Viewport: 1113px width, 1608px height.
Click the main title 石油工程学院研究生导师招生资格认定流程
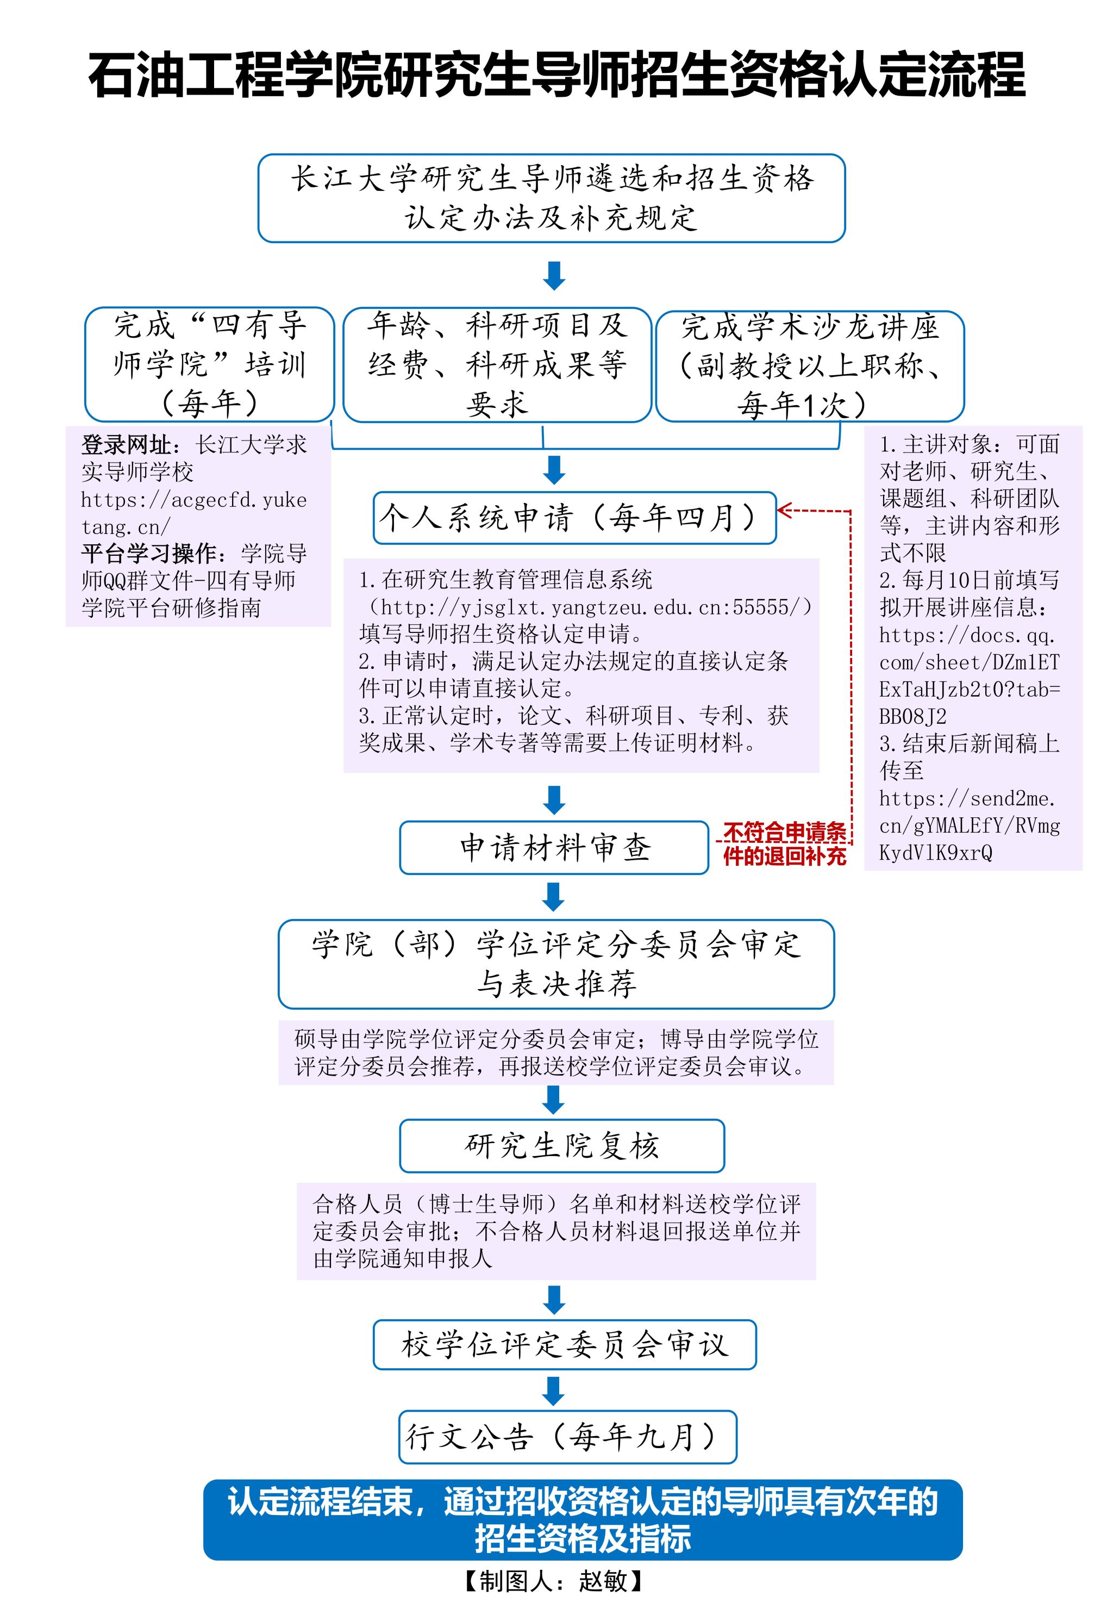(x=556, y=74)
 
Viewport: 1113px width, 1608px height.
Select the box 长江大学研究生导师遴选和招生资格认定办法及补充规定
(x=551, y=198)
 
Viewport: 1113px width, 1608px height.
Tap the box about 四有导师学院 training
(x=209, y=364)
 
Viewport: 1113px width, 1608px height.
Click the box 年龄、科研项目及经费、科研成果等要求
(x=497, y=364)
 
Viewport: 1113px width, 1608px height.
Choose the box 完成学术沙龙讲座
(x=810, y=365)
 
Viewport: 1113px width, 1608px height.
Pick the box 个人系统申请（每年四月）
(x=574, y=518)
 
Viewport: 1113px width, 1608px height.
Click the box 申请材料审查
(x=554, y=848)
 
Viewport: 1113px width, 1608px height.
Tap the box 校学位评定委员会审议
(x=564, y=1344)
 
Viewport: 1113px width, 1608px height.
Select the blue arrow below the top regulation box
(x=554, y=276)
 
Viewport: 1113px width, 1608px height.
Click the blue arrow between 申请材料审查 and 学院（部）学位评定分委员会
(x=554, y=897)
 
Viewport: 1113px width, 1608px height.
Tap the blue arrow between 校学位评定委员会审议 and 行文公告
(x=554, y=1391)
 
